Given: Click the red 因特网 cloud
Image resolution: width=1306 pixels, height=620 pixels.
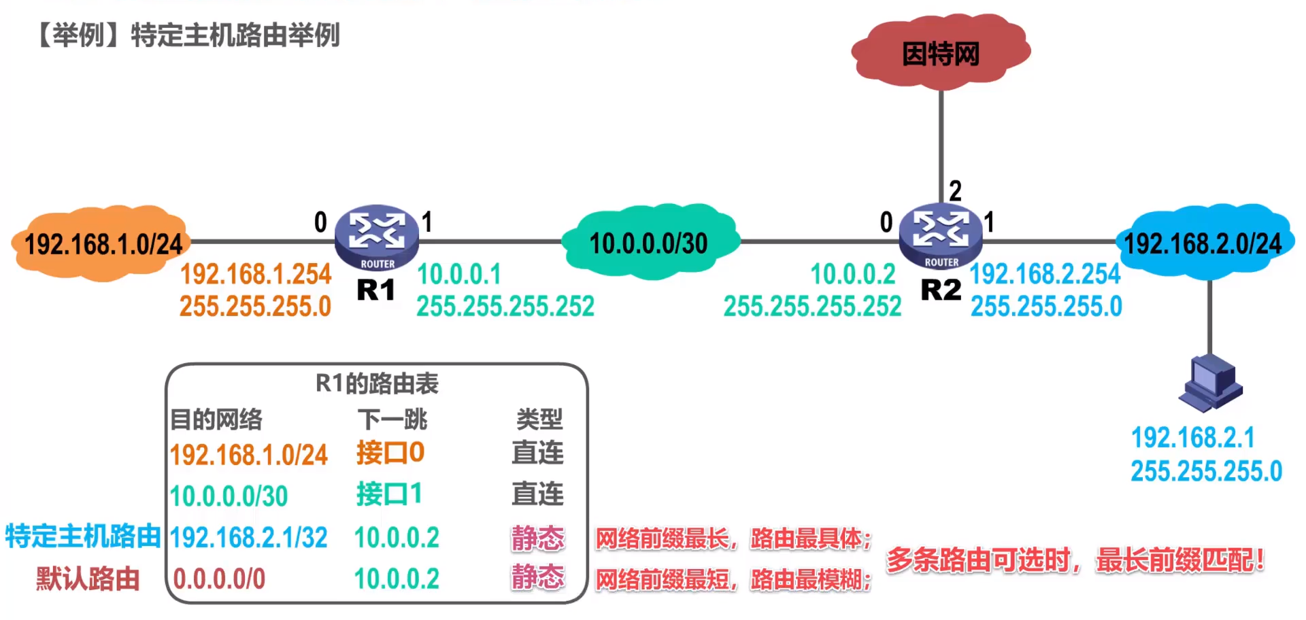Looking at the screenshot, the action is click(x=941, y=52).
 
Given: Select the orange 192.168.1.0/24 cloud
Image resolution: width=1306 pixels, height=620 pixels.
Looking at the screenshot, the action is click(x=101, y=243).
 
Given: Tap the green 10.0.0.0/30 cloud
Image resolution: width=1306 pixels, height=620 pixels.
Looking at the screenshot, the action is click(x=649, y=243).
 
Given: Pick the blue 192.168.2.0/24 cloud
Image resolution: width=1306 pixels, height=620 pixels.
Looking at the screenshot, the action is click(x=1203, y=243).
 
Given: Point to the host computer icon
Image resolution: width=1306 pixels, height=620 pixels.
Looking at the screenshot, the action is click(x=1210, y=383).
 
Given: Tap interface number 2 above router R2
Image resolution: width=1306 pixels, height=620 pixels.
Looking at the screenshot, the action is click(x=955, y=191).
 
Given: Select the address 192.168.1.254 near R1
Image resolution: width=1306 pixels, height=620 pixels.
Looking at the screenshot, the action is click(x=255, y=275).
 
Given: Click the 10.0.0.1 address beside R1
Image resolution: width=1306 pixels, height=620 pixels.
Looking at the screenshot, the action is click(x=459, y=275).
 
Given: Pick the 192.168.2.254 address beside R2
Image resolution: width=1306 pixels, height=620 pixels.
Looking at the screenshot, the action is click(x=1045, y=274).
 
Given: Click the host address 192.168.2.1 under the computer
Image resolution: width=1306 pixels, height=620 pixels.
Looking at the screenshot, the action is click(x=1193, y=438).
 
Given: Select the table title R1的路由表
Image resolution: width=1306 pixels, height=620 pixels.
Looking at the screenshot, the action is click(x=377, y=384).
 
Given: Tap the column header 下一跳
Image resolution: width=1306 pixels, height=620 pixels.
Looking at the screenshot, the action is click(x=392, y=419).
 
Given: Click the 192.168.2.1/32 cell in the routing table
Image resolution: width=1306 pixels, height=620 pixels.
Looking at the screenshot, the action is click(x=249, y=538).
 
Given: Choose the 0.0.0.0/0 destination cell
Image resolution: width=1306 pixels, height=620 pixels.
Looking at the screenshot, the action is click(x=219, y=579).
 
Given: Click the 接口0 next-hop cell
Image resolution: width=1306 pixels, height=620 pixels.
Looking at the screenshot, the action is click(x=390, y=453).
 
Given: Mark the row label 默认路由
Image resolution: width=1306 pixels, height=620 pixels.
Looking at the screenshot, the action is click(x=88, y=579).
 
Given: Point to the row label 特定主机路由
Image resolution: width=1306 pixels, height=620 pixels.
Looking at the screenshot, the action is click(x=83, y=536).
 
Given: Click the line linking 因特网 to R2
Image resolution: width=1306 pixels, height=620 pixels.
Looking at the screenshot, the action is click(x=941, y=136).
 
